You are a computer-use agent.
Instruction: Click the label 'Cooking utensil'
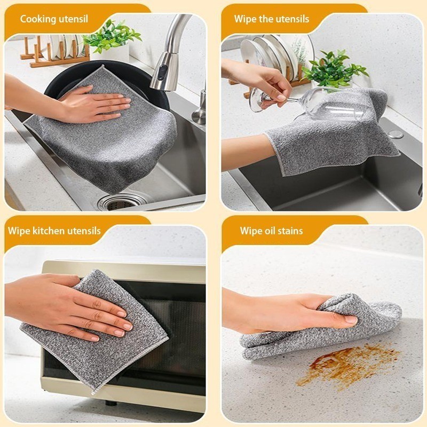[54, 19]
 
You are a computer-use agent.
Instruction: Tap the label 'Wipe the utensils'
[272, 19]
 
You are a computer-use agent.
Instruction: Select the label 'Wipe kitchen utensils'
[54, 231]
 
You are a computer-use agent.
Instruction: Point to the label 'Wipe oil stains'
[271, 231]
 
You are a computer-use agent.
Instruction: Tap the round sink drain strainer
[120, 202]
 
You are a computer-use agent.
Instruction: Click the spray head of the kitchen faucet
[163, 72]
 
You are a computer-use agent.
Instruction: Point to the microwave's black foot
[111, 403]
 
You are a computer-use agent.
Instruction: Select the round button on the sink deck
[396, 135]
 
